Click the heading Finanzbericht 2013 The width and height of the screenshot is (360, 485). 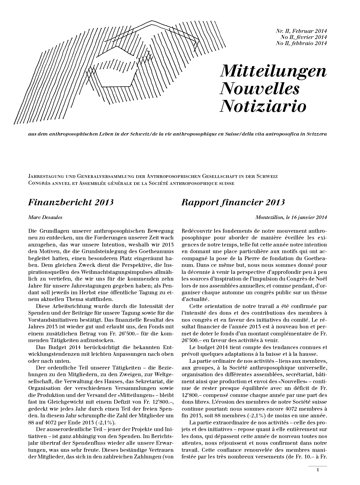[x=71, y=202]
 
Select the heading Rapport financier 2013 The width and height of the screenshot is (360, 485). [x=233, y=202]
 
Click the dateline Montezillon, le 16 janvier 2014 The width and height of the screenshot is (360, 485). [x=291, y=217]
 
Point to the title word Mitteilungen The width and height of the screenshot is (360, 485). [x=273, y=71]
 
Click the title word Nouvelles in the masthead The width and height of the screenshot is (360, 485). [x=259, y=88]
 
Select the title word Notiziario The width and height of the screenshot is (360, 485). [x=263, y=106]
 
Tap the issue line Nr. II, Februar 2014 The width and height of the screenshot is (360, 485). [x=301, y=31]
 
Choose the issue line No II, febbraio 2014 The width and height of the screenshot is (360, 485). [x=301, y=43]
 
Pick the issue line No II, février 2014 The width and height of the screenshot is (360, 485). [x=301, y=37]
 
